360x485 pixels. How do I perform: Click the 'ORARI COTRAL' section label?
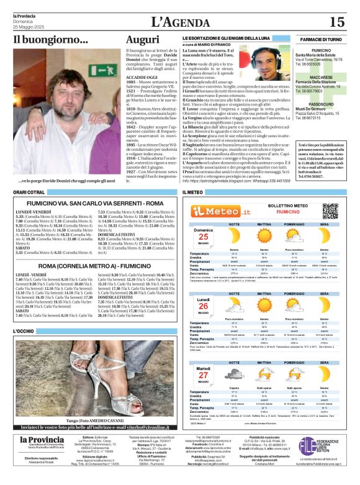pyautogui.click(x=29, y=193)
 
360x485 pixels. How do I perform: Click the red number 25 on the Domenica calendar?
pyautogui.click(x=203, y=237)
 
